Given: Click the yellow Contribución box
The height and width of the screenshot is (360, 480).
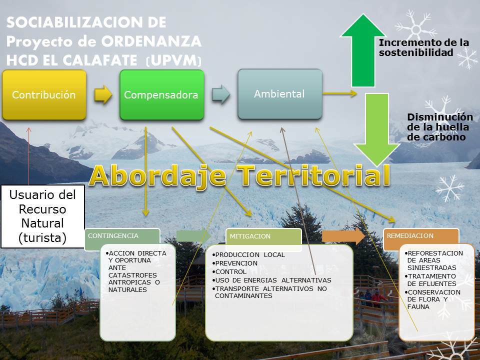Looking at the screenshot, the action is pyautogui.click(x=44, y=95).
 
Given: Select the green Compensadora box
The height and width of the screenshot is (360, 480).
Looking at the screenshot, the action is pyautogui.click(x=161, y=95).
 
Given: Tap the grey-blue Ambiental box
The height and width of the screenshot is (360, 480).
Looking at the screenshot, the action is pyautogui.click(x=280, y=94).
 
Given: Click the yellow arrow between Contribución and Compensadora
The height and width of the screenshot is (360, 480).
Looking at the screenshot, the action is pyautogui.click(x=103, y=94).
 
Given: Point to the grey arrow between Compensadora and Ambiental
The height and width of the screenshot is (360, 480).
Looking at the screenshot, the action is pyautogui.click(x=221, y=94).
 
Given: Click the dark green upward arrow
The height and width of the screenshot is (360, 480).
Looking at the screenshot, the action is pyautogui.click(x=363, y=50).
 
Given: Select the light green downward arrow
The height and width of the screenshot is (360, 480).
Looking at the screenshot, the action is pyautogui.click(x=377, y=129).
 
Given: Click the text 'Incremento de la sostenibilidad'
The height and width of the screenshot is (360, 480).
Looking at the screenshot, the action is pyautogui.click(x=424, y=47).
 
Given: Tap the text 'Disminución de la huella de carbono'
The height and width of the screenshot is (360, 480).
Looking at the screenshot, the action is pyautogui.click(x=440, y=127).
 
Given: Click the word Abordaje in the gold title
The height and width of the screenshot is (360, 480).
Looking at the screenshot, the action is pyautogui.click(x=158, y=175).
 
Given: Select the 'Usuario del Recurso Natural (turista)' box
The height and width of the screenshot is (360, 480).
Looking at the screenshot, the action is pyautogui.click(x=42, y=216).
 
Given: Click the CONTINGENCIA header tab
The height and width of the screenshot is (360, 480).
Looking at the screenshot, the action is pyautogui.click(x=122, y=236).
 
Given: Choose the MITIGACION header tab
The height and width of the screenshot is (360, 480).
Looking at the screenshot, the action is pyautogui.click(x=263, y=236).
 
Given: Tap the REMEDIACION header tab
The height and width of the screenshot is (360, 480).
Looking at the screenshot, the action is pyautogui.click(x=421, y=236).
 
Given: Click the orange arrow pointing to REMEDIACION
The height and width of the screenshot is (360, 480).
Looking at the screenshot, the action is pyautogui.click(x=343, y=236).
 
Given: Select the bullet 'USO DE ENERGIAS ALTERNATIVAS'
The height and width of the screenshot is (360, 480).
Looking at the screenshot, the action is pyautogui.click(x=272, y=280).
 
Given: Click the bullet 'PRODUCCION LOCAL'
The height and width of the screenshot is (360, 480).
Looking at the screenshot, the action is pyautogui.click(x=248, y=254).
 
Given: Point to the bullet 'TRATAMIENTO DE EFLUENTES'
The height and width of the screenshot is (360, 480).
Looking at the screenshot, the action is pyautogui.click(x=430, y=280).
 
